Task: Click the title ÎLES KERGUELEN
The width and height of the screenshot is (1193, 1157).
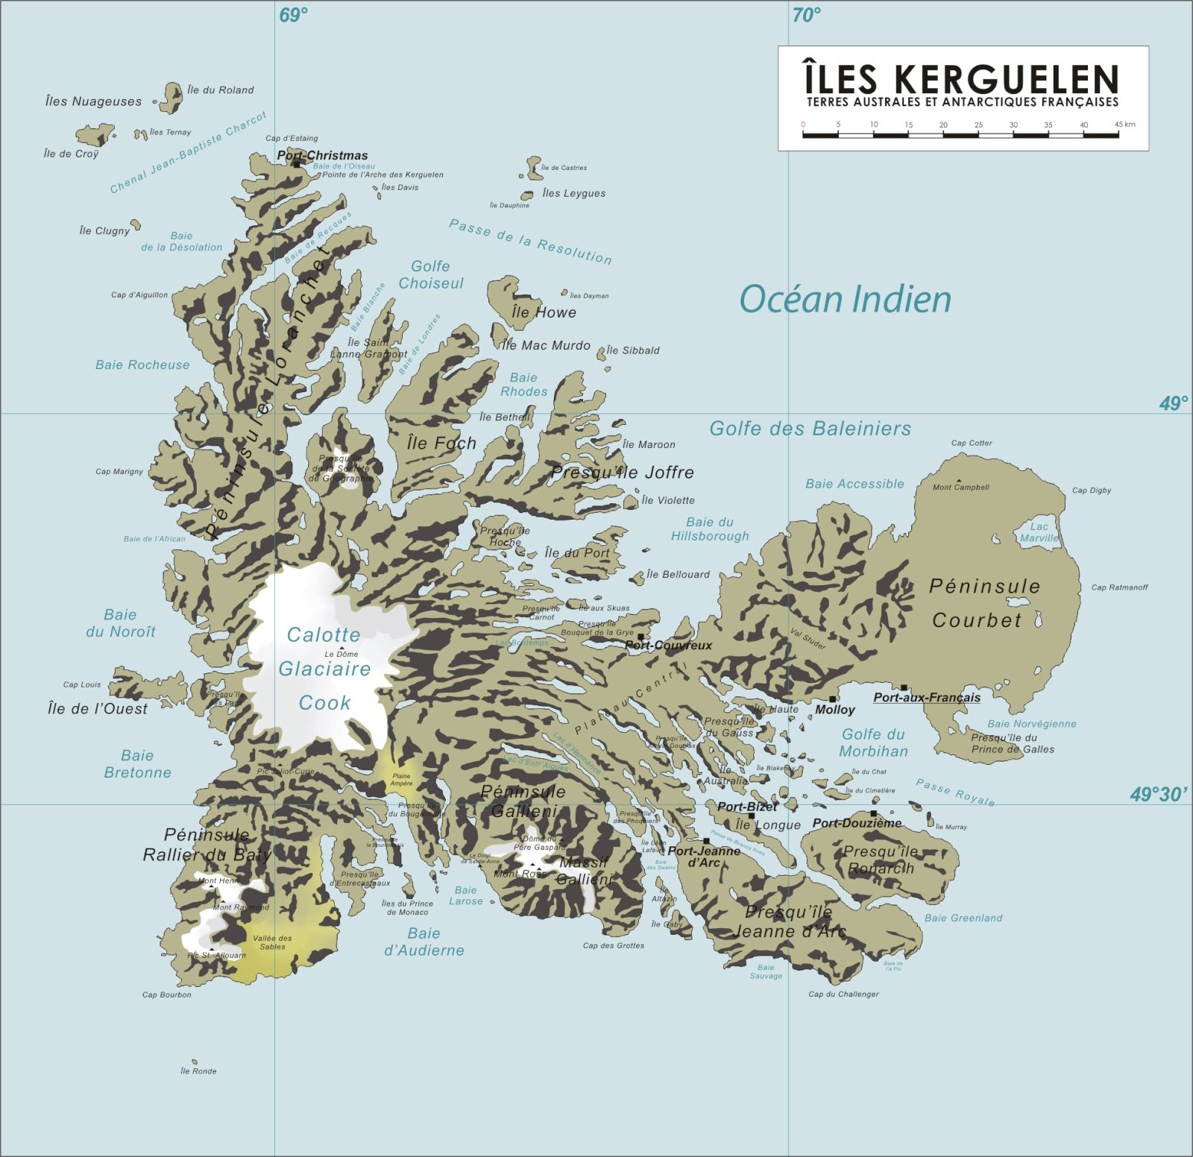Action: click(962, 79)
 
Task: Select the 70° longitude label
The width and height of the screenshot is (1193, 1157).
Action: click(807, 15)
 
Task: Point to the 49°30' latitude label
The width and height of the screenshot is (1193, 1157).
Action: click(1159, 795)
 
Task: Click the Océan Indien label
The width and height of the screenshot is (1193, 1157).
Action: click(845, 300)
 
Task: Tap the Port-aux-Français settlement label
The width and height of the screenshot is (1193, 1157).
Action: click(927, 698)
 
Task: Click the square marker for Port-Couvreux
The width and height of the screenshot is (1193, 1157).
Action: click(640, 637)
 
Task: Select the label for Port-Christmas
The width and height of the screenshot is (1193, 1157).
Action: click(323, 156)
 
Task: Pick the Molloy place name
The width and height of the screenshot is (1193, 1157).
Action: click(835, 710)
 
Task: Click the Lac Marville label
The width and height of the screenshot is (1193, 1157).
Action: click(1039, 532)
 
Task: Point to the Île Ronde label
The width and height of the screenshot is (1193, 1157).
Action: click(198, 1071)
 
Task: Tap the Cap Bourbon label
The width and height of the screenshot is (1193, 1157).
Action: click(167, 994)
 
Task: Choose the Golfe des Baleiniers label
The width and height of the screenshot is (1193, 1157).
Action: click(810, 429)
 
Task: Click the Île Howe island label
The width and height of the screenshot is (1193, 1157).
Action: click(544, 312)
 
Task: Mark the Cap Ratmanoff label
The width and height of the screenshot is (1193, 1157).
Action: click(1119, 587)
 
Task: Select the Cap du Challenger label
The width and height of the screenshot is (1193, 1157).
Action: click(843, 994)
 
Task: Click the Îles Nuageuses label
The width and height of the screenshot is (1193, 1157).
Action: click(93, 101)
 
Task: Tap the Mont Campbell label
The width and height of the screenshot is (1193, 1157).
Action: click(961, 488)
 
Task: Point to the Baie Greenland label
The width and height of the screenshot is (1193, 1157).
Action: click(963, 918)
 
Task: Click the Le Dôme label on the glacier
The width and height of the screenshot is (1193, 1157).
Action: click(341, 654)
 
